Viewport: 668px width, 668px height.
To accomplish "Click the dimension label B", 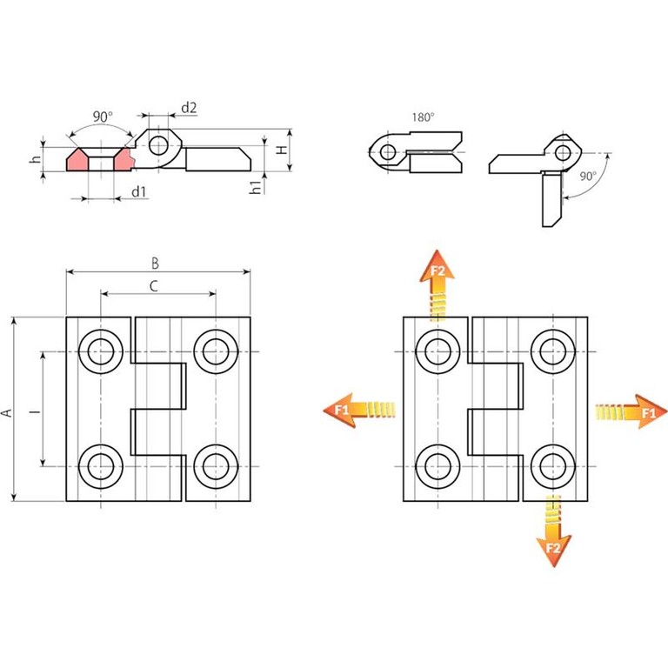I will click(156, 262).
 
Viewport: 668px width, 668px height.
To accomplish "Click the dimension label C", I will click(154, 284).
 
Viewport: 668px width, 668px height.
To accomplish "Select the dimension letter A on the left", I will click(7, 411).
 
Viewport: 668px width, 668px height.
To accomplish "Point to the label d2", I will click(189, 108).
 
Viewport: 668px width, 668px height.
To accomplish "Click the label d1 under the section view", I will click(138, 190).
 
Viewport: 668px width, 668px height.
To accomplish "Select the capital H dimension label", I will click(281, 150).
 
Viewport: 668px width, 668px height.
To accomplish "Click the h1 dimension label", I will click(255, 186).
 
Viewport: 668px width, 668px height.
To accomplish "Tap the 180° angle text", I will click(423, 116).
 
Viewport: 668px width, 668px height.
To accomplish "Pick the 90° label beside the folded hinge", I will click(588, 176).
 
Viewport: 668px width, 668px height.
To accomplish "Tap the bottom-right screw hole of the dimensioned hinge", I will click(215, 467).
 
